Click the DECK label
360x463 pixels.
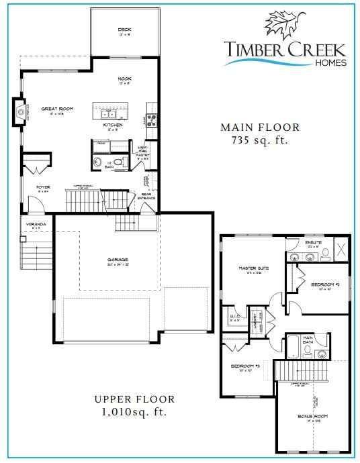click(124, 30)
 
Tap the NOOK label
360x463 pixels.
click(124, 79)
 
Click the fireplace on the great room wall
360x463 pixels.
click(19, 111)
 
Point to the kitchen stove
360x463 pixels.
click(151, 121)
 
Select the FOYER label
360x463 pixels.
click(44, 187)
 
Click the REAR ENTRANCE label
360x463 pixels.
click(146, 196)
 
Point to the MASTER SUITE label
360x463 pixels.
click(254, 268)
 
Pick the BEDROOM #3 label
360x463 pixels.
click(245, 366)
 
